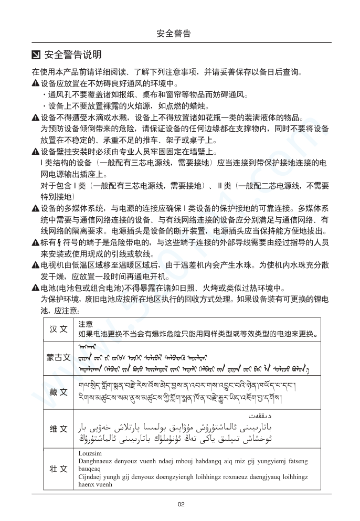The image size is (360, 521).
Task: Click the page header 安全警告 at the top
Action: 174,34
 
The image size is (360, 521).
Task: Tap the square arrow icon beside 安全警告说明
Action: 36,55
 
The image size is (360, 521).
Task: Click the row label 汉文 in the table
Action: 58,329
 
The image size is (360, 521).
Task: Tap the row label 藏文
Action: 58,392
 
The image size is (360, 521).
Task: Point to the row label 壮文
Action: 58,469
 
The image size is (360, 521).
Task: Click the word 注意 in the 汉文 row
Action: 86,324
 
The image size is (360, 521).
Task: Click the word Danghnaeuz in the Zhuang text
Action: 94,461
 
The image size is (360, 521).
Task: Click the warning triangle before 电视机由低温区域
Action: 35,265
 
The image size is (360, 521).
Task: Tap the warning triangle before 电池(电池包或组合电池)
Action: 35,288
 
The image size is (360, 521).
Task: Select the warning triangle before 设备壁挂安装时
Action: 35,152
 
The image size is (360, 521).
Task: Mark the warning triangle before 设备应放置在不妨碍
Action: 35,83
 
